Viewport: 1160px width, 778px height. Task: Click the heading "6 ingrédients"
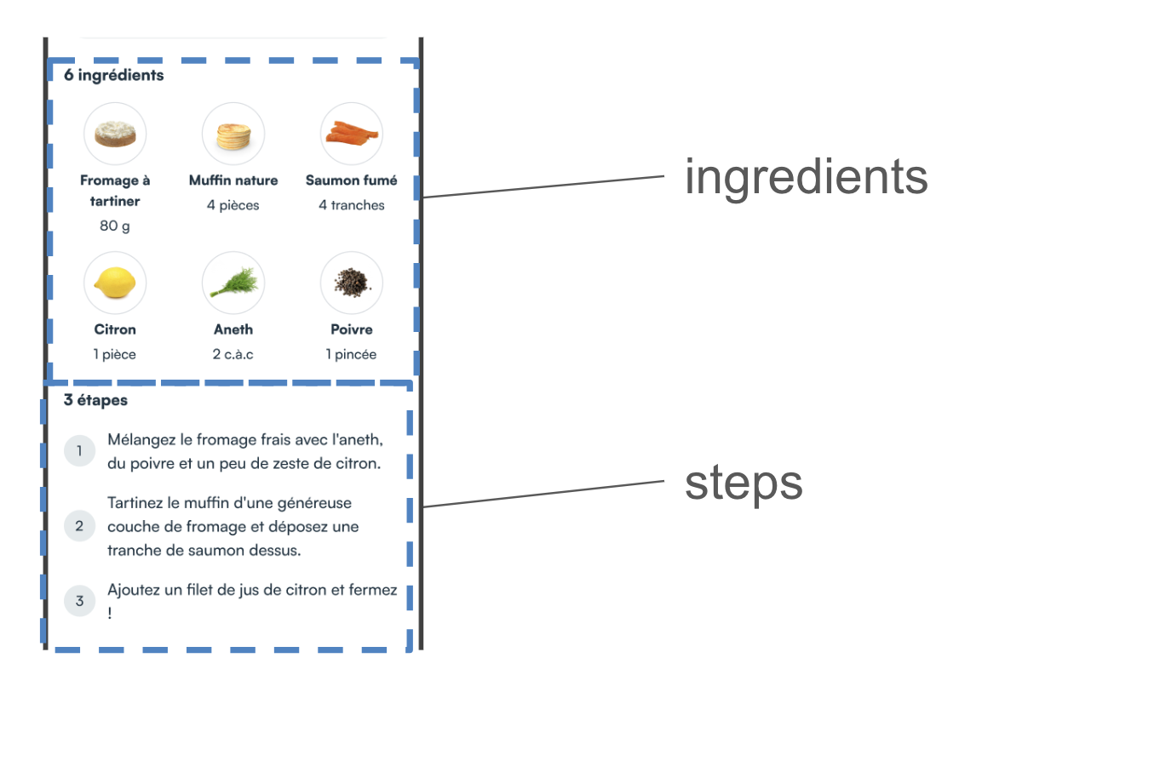click(x=113, y=75)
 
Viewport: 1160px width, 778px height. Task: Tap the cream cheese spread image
click(x=115, y=134)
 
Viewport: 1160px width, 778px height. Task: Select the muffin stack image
click(x=233, y=134)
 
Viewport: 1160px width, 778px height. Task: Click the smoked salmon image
click(x=352, y=134)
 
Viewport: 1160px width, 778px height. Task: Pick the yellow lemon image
click(x=115, y=283)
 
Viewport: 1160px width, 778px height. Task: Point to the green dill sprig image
click(x=233, y=283)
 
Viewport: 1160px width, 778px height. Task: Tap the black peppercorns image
click(x=352, y=283)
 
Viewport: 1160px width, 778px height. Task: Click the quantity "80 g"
click(x=115, y=226)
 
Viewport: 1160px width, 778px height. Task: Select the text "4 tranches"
click(x=352, y=205)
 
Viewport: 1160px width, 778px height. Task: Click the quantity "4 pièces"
click(x=233, y=205)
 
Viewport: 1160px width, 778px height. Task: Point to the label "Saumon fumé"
click(x=352, y=180)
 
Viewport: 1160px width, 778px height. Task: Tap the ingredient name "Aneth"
click(x=233, y=329)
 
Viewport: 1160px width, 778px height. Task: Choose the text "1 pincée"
click(x=352, y=354)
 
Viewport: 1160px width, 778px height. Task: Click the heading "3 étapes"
click(x=95, y=400)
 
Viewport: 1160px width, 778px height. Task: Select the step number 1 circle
click(x=79, y=451)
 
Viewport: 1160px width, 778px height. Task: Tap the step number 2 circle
click(x=79, y=526)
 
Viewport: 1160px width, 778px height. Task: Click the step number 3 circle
click(x=79, y=601)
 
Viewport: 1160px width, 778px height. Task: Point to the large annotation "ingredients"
click(x=806, y=177)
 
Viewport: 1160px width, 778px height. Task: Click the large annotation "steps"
click(x=744, y=483)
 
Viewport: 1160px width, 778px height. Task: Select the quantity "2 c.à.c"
click(x=233, y=354)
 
